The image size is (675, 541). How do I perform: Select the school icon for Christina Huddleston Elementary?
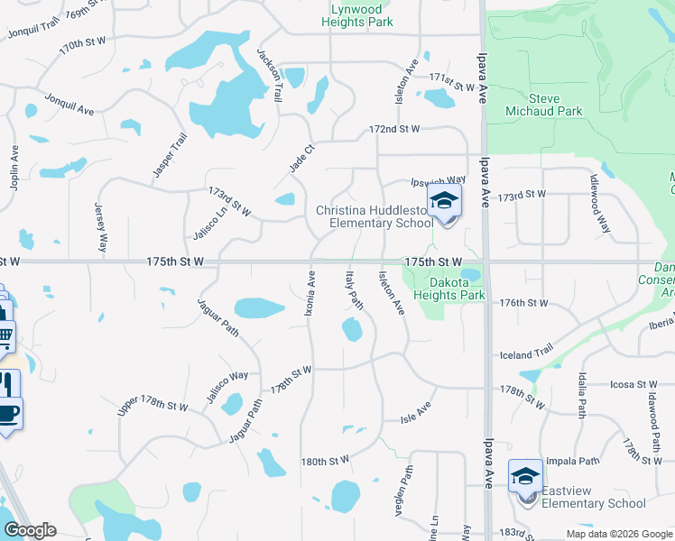coord(444,203)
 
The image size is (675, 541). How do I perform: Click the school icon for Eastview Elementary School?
coord(525,475)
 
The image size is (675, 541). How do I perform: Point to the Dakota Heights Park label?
coord(449,288)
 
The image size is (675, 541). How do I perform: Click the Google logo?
coord(29,530)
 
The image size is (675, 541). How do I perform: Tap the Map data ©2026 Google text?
coord(618,533)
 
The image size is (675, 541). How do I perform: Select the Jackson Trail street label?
coord(270,68)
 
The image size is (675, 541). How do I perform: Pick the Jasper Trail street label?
coord(169,155)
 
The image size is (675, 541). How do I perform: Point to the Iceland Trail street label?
coord(526,355)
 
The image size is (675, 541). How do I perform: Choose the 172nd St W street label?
coord(394,129)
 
